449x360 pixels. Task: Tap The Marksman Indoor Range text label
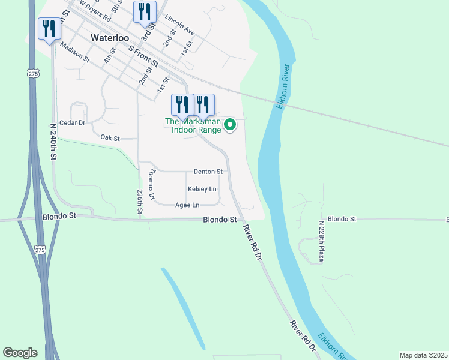pyautogui.click(x=193, y=125)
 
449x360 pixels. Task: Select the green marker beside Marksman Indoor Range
pyautogui.click(x=229, y=125)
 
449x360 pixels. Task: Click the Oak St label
pyautogui.click(x=110, y=138)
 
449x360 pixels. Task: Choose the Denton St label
pyautogui.click(x=208, y=172)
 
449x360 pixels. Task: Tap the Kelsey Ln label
pyautogui.click(x=202, y=189)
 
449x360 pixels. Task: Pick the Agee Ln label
pyautogui.click(x=187, y=205)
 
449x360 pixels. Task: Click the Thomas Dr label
pyautogui.click(x=151, y=184)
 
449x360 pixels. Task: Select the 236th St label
pyautogui.click(x=139, y=202)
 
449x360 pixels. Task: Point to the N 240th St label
pyautogui.click(x=53, y=142)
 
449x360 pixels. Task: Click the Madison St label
pyautogui.click(x=75, y=56)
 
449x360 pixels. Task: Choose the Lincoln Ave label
pyautogui.click(x=179, y=26)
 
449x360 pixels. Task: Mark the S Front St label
pyautogui.click(x=144, y=56)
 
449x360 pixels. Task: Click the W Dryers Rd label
pyautogui.click(x=97, y=13)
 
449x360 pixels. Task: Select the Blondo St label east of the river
pyautogui.click(x=342, y=219)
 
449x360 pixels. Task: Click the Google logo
pyautogui.click(x=20, y=353)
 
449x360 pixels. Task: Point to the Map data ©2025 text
pyautogui.click(x=423, y=355)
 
